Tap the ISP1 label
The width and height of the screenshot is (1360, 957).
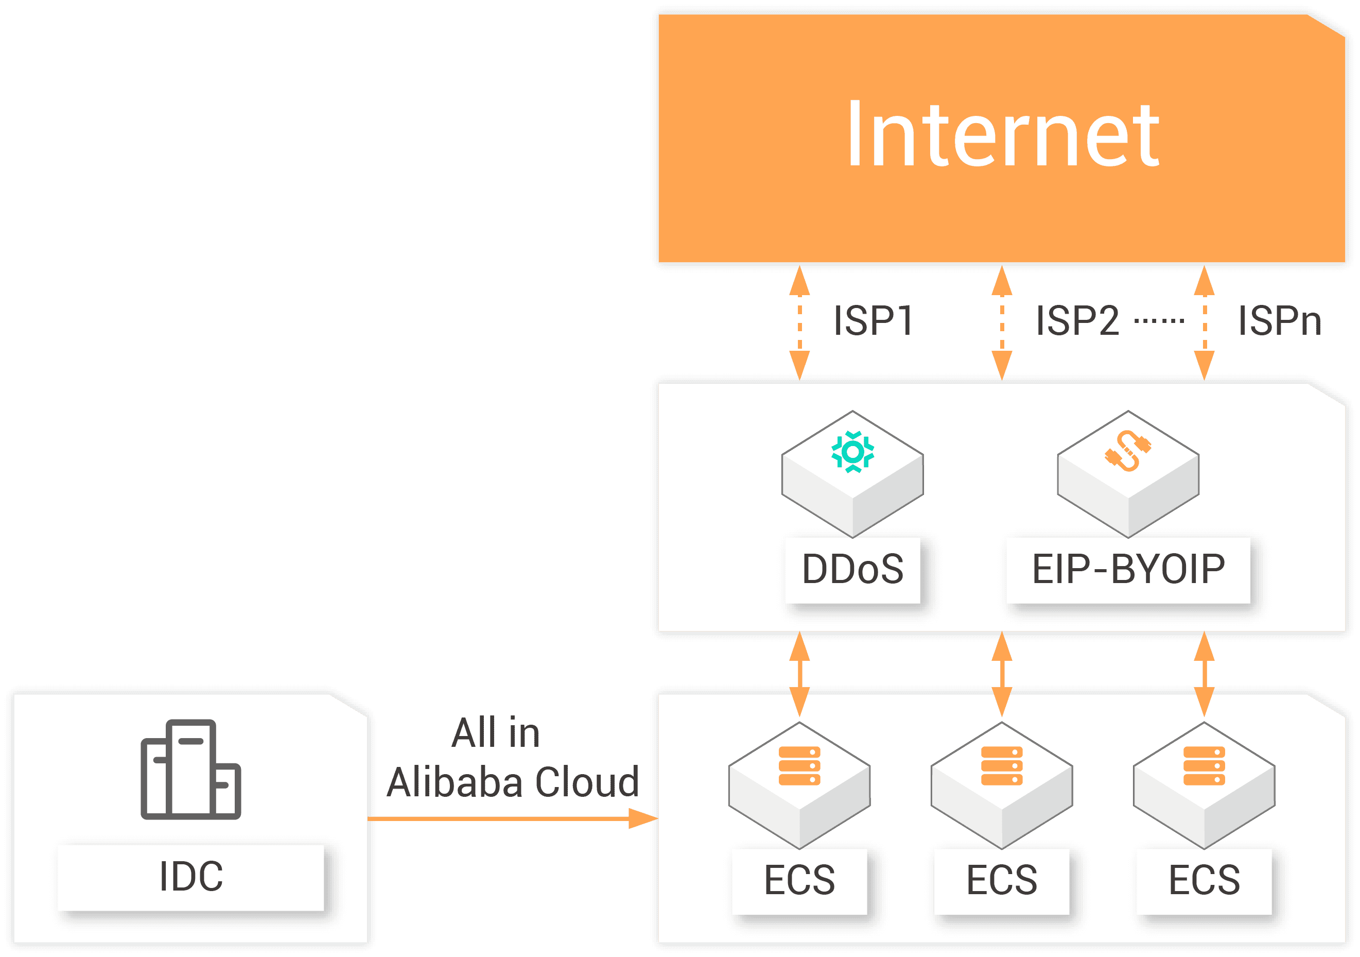873,321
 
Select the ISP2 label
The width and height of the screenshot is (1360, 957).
1077,321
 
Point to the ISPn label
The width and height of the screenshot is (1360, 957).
1280,321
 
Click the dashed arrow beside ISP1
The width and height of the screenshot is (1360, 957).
799,322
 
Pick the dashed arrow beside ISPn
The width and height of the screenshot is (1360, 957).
1204,322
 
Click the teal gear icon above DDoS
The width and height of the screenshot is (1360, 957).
852,452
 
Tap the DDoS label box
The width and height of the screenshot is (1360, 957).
852,570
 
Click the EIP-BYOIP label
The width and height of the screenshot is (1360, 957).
1128,570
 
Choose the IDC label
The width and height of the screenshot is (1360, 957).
191,877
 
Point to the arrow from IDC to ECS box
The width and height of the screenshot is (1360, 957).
512,818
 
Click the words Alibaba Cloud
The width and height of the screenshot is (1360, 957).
512,782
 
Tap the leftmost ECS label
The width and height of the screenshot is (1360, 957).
799,881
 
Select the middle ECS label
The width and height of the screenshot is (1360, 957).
1002,881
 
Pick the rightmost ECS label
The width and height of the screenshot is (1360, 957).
1204,881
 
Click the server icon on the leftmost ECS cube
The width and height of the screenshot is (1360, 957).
799,765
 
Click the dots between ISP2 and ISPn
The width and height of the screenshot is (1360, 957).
1159,321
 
